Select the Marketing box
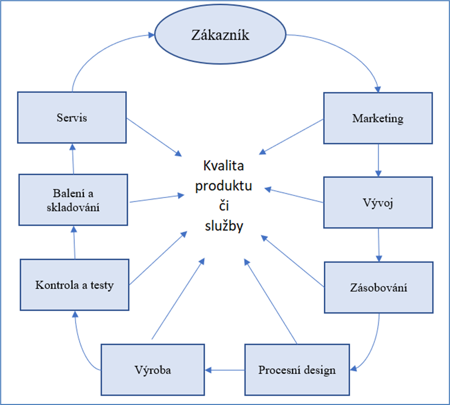(377, 118)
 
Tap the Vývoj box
(377, 202)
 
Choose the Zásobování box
(378, 288)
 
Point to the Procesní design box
(296, 369)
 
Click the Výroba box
(152, 369)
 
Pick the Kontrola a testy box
(74, 285)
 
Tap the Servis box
(72, 117)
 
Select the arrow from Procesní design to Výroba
(225, 369)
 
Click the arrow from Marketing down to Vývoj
(378, 160)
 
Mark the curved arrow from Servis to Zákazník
(90, 53)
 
